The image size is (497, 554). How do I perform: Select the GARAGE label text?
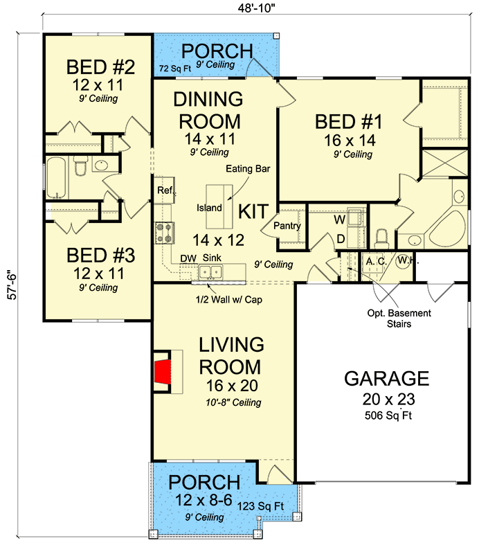coord(386,379)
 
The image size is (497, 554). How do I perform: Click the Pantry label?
coord(286,226)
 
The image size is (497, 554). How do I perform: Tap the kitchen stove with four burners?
coord(163,231)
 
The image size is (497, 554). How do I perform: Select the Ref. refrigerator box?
coord(164,190)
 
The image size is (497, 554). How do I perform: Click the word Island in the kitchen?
coord(209,208)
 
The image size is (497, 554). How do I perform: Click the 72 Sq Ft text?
coord(174,69)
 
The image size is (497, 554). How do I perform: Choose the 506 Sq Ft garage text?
coord(386,416)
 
